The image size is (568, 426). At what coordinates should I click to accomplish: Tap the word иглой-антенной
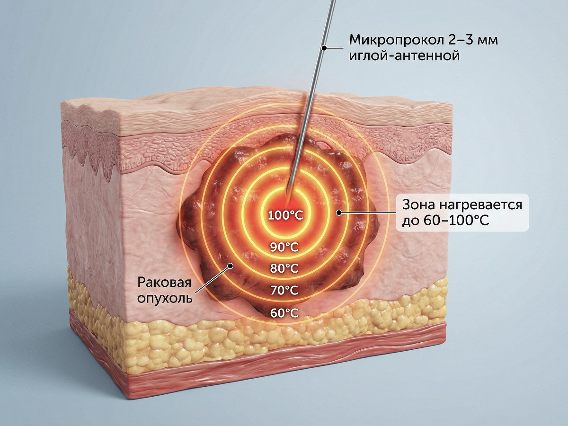coord(404,56)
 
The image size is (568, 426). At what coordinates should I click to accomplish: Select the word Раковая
coord(164,283)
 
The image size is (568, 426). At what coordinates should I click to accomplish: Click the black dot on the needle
coord(323,47)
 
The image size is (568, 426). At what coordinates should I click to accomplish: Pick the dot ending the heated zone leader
coord(338,213)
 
